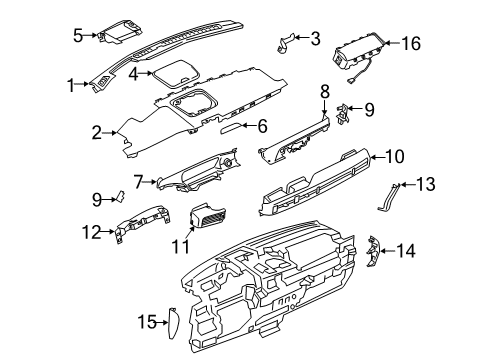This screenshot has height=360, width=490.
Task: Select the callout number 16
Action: click(438, 44)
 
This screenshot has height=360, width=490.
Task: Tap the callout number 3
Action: click(315, 39)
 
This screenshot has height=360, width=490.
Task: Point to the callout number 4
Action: click(134, 72)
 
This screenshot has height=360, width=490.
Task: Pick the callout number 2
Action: click(97, 132)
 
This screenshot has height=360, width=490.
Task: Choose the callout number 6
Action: click(262, 126)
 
